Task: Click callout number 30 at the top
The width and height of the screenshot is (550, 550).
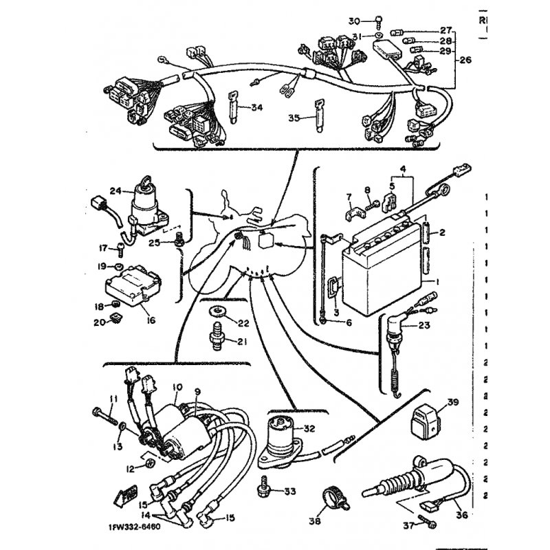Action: [x=355, y=20]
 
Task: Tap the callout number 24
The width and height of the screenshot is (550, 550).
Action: [x=115, y=191]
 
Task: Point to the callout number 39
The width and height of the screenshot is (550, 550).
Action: [x=452, y=404]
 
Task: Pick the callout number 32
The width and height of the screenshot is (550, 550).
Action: [x=309, y=428]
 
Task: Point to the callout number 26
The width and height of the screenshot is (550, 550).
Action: [x=465, y=59]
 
